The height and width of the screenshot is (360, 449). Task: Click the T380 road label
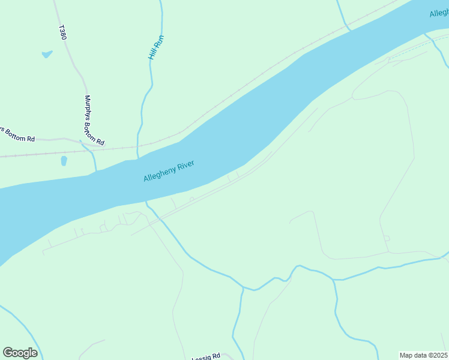[63, 32]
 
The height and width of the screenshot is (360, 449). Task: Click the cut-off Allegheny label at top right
[439, 13]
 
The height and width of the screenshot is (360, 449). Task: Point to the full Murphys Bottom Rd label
[94, 121]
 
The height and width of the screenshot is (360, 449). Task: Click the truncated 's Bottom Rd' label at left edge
[17, 134]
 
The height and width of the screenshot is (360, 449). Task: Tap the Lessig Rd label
[206, 358]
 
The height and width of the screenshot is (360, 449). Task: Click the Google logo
[20, 352]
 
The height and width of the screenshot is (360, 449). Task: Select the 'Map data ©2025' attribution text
[423, 355]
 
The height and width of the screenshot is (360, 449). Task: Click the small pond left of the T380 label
[47, 55]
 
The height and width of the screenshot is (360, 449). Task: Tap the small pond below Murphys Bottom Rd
[64, 161]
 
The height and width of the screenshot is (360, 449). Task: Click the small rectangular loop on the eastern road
[387, 238]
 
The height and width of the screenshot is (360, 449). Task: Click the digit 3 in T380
[63, 31]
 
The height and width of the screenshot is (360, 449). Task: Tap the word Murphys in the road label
[88, 108]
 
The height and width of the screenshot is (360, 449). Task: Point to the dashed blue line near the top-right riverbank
[414, 51]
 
